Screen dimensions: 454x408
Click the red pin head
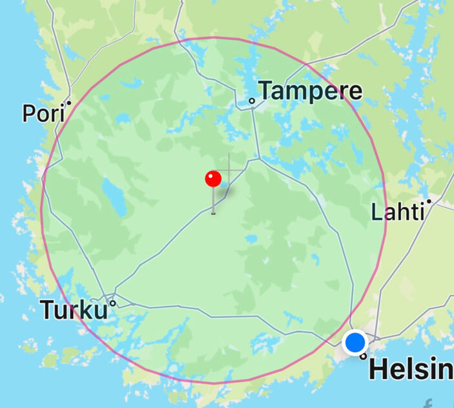click(213, 178)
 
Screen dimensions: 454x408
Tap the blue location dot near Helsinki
click(355, 343)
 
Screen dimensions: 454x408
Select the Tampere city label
click(310, 91)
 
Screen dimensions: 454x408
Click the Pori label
click(43, 113)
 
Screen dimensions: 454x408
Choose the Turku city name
click(74, 310)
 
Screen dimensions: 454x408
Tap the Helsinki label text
click(411, 369)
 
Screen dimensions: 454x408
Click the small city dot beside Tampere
click(253, 101)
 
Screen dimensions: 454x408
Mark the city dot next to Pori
click(68, 102)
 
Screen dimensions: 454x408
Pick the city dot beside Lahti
click(428, 202)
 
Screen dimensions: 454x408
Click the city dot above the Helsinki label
click(364, 356)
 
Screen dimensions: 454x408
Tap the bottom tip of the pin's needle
click(213, 212)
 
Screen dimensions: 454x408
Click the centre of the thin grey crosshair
click(229, 171)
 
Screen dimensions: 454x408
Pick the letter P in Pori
click(29, 113)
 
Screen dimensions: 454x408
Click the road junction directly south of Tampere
click(258, 158)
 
